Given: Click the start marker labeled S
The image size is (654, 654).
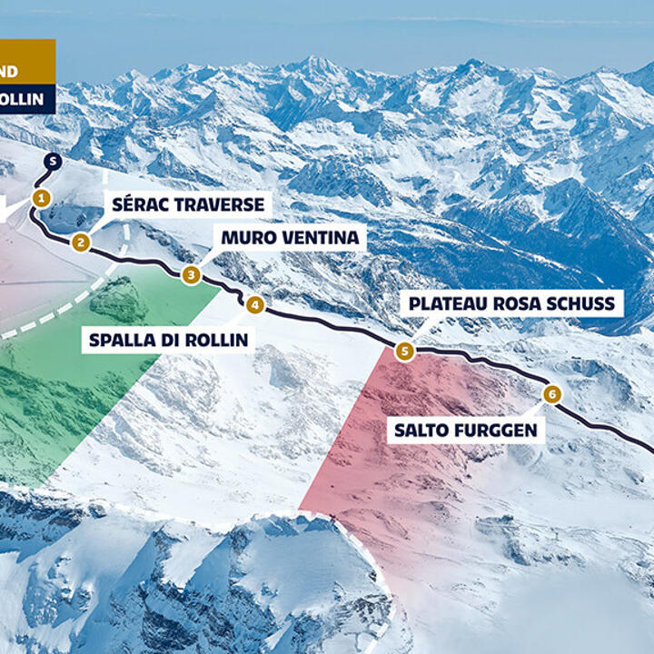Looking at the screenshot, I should [53, 162].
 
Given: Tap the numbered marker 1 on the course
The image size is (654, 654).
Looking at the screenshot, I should [40, 197].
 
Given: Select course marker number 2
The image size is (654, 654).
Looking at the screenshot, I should [81, 242].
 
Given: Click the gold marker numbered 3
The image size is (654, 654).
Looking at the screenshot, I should [191, 274].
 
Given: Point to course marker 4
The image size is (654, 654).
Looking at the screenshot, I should [255, 305].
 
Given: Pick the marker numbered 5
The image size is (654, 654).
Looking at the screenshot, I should [404, 351].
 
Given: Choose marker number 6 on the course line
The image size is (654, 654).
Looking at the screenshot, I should [551, 394].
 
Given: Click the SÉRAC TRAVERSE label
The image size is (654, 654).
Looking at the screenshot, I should [187, 204].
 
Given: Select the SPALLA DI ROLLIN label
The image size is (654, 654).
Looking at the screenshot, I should [168, 341].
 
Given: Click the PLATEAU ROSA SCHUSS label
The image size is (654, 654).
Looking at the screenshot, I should [511, 302].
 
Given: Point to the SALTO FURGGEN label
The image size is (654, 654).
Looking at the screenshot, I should [465, 430].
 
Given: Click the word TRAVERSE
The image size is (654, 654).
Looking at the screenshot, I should [221, 204].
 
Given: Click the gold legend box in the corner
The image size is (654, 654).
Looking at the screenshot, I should [26, 69].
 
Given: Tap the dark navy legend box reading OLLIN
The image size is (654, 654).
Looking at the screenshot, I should [26, 99].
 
